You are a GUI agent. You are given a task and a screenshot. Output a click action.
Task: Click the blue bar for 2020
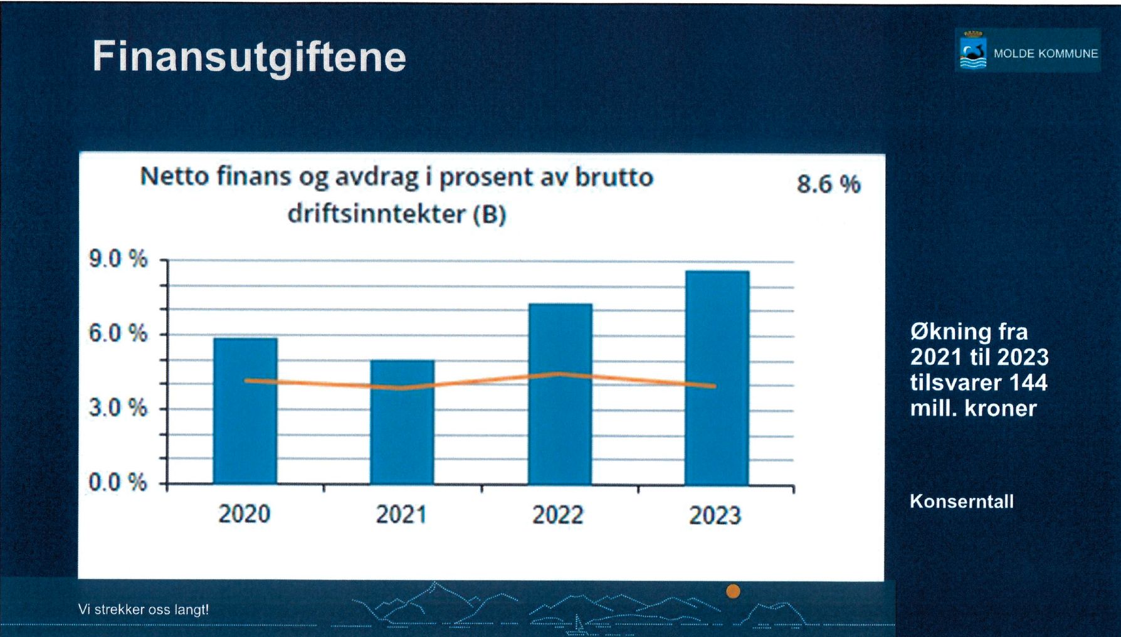coord(245,411)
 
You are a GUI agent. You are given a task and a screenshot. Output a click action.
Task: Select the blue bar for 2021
coord(402,422)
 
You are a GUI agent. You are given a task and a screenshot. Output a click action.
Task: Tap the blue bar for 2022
coord(560,394)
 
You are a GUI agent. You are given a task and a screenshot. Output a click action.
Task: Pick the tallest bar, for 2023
coord(717,377)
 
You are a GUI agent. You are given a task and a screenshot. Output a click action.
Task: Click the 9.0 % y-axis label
coord(118,258)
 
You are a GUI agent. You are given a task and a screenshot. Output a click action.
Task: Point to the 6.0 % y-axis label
coord(118,333)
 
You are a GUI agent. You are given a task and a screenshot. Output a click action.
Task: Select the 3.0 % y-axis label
coord(118,408)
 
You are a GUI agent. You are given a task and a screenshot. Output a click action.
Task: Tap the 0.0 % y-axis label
coord(118,483)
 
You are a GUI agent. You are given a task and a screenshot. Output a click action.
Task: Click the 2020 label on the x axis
coord(245,514)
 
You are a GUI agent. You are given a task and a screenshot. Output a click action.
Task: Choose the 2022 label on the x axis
coord(558,515)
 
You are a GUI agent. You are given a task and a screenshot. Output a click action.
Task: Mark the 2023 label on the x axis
coord(715,515)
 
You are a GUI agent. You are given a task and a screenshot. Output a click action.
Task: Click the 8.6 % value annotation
coord(829,184)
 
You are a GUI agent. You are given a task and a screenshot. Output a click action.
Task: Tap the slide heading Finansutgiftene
coord(250,57)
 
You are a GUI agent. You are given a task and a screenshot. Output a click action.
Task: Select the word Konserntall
coord(962,502)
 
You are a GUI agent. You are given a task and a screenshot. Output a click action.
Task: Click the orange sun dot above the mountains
coord(733,591)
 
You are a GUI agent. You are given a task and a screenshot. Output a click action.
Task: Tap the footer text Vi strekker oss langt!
coord(144,609)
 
